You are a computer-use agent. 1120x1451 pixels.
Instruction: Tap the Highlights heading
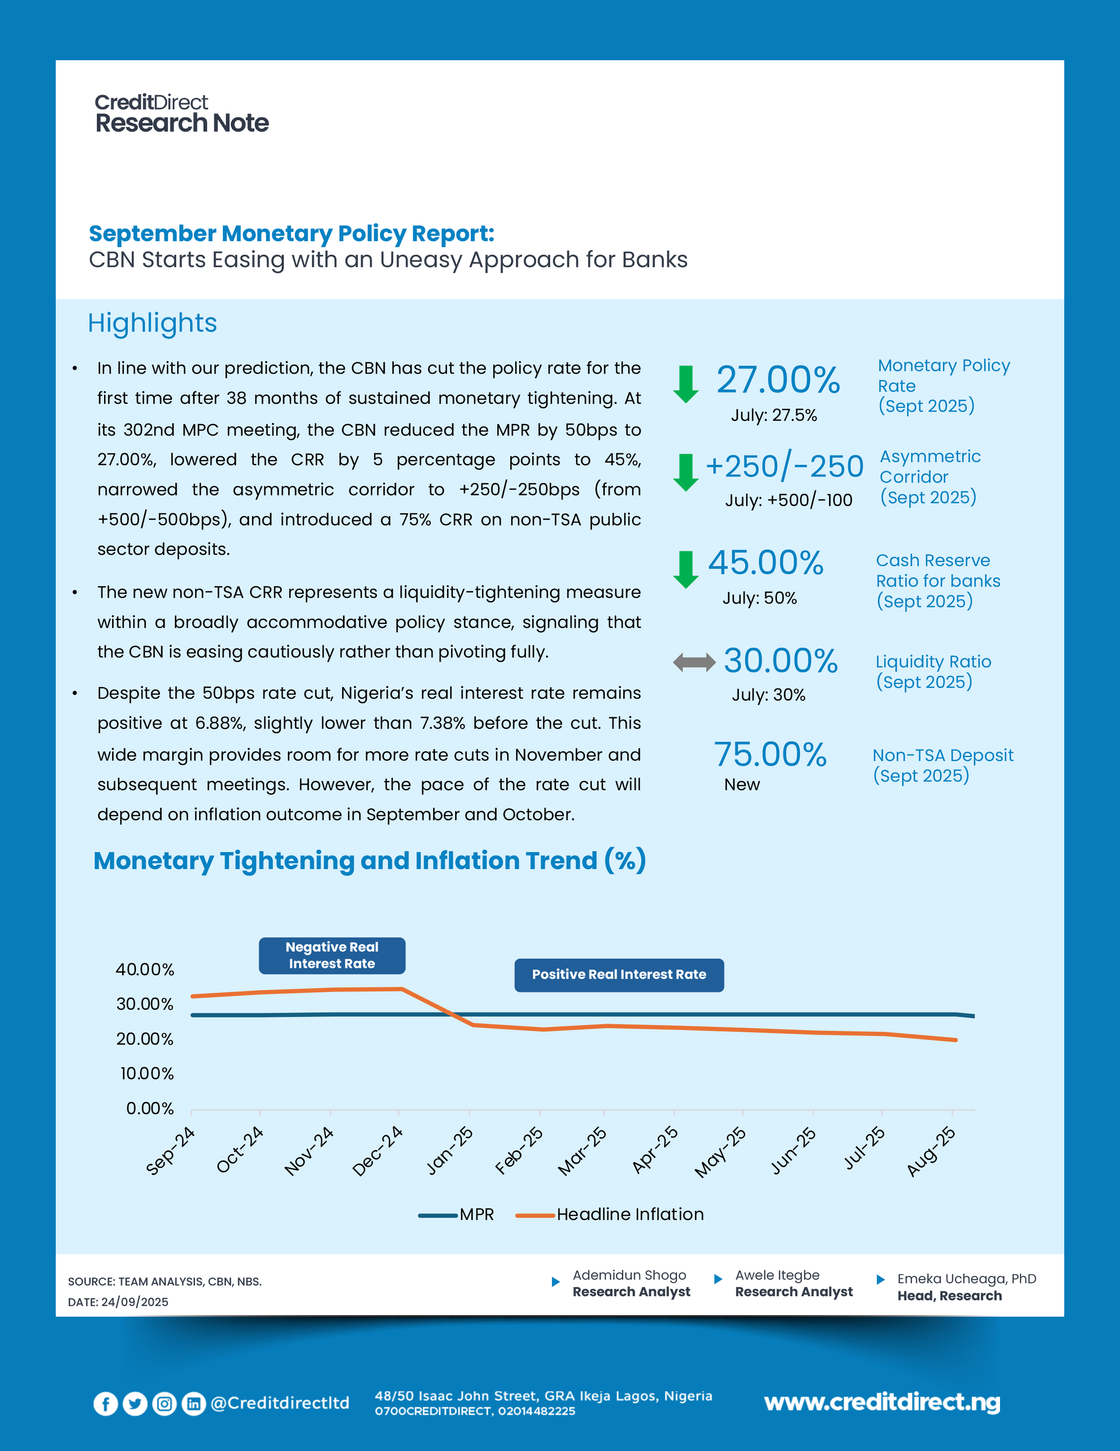(152, 323)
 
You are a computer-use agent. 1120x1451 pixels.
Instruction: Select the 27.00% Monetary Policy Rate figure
(778, 380)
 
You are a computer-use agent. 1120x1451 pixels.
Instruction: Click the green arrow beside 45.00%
(685, 569)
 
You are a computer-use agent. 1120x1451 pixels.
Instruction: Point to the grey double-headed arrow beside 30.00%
(694, 662)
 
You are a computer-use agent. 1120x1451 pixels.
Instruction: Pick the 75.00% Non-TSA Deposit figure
(770, 755)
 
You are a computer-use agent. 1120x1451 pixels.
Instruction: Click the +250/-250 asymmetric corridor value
(784, 466)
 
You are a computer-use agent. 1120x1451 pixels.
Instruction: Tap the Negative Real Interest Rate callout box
(332, 955)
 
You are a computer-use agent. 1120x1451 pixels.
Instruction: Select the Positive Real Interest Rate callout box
(619, 975)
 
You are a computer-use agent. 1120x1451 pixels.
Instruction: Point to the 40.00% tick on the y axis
(145, 969)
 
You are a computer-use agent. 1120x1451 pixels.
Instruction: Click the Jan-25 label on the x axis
(450, 1151)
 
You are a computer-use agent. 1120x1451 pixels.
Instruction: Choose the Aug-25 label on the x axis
(931, 1152)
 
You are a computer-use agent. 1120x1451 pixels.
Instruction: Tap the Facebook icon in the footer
(106, 1403)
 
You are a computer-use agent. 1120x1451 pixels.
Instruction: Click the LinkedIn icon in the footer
(194, 1403)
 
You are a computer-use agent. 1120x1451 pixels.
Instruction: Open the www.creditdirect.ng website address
(882, 1402)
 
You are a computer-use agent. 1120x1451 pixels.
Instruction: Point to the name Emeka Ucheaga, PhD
(967, 1279)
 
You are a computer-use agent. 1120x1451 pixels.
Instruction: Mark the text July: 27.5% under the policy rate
(774, 415)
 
